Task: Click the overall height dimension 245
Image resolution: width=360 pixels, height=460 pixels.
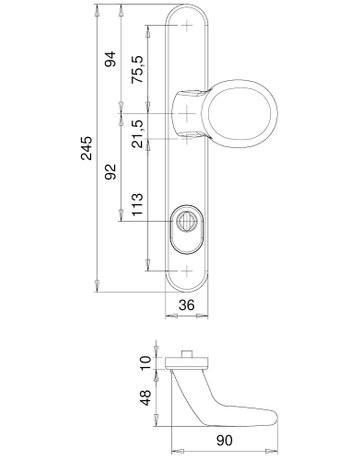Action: (88, 150)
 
